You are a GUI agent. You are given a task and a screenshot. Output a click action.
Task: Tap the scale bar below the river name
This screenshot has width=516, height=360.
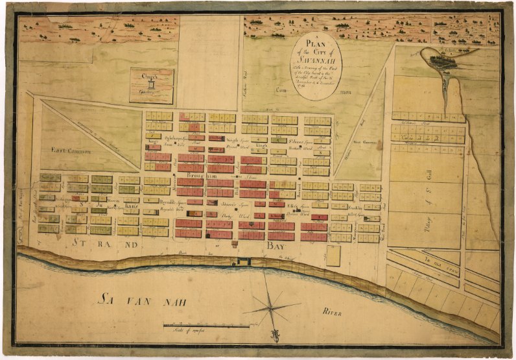point(207,324)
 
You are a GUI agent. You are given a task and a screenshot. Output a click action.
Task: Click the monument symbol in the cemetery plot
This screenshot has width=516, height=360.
point(150,86)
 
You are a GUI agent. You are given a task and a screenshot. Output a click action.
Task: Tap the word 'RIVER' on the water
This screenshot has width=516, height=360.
point(332,313)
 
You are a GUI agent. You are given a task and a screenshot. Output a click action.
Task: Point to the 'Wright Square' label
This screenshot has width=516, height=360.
point(220,138)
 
